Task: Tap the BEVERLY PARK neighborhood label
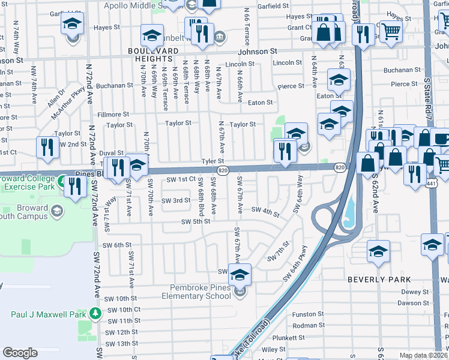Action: [x=379, y=280]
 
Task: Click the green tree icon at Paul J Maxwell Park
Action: [x=95, y=314]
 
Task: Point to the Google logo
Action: [x=20, y=353]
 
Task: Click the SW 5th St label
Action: [x=196, y=221]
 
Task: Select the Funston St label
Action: [x=308, y=314]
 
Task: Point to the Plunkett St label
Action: [x=308, y=337]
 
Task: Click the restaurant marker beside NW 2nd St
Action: [x=47, y=147]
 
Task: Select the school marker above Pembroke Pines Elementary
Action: [x=240, y=275]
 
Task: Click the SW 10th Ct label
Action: [x=125, y=310]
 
